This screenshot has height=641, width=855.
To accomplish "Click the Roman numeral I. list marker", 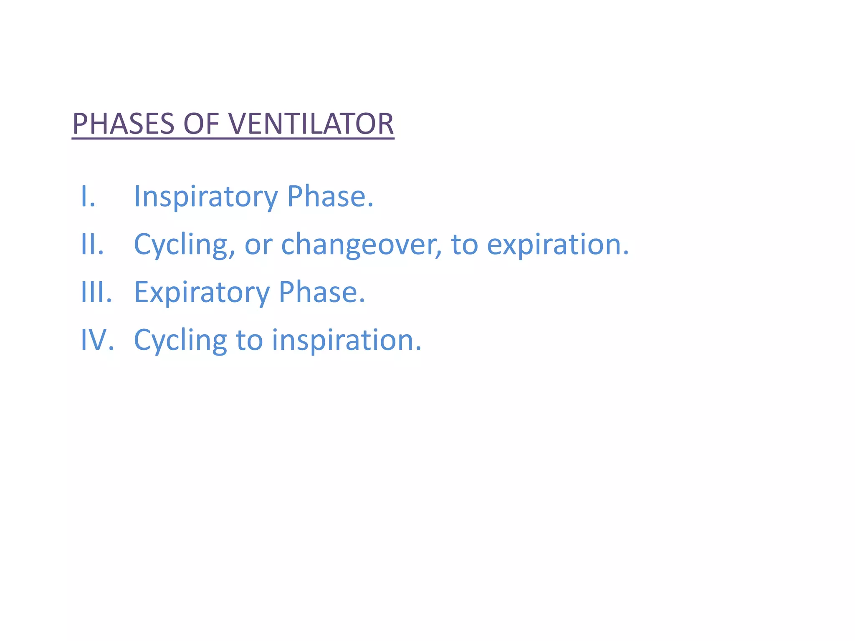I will tap(88, 196).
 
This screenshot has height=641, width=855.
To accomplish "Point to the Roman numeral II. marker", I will tap(92, 244).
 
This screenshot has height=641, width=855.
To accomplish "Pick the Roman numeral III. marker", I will tap(96, 292).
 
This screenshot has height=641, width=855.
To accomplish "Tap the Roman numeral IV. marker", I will tap(97, 340).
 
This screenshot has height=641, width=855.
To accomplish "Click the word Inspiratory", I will tap(205, 197).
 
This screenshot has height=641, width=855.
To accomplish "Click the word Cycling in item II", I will tap(180, 245).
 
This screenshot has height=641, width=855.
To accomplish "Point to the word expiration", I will tap(557, 245).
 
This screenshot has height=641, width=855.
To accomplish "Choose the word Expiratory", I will tap(202, 293).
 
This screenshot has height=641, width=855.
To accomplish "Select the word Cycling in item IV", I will tap(180, 341).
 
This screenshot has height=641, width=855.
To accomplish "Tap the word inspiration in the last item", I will tap(346, 341).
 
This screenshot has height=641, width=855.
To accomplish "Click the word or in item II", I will tap(258, 245).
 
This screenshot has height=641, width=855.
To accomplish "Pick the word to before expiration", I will tap(464, 245).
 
